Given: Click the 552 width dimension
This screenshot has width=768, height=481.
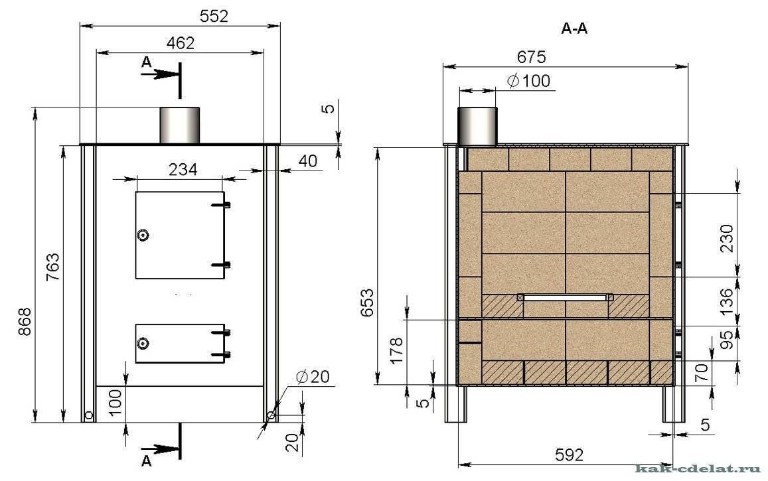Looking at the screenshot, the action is [214, 16].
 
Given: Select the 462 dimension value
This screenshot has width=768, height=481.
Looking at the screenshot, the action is [181, 43].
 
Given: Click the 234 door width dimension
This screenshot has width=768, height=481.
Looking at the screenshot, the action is [183, 169].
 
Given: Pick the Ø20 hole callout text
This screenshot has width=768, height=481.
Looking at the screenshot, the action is [313, 376].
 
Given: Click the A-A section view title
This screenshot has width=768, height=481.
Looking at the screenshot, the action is [574, 29].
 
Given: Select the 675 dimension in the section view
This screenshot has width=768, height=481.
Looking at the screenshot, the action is [532, 57].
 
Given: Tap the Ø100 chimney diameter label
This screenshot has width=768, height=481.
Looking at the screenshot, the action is [528, 81].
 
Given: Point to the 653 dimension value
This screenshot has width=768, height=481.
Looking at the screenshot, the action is [367, 304].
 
